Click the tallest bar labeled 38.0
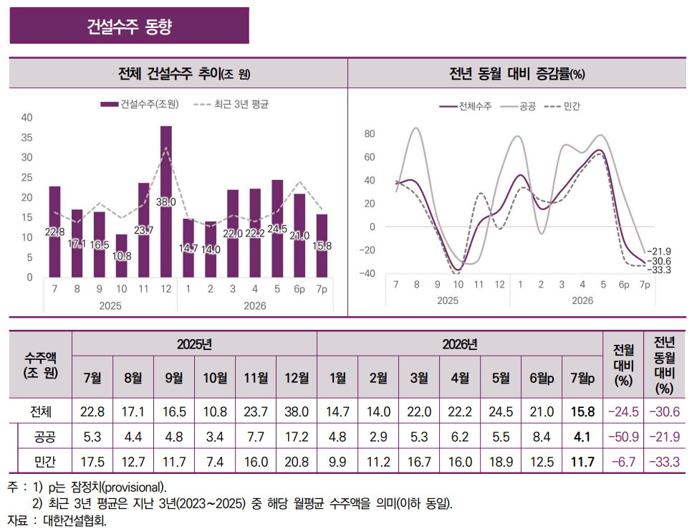(x=165, y=202)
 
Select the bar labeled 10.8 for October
(x=121, y=256)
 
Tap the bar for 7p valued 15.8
(x=322, y=246)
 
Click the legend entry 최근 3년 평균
(x=231, y=105)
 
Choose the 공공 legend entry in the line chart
(x=518, y=106)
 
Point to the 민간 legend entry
(x=562, y=106)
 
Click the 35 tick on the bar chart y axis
(x=27, y=138)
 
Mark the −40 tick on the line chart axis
(x=367, y=274)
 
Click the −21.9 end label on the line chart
(x=659, y=252)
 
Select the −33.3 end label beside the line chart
(x=659, y=270)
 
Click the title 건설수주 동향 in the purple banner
(x=130, y=27)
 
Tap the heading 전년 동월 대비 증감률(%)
(x=517, y=73)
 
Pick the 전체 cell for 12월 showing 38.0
(x=297, y=412)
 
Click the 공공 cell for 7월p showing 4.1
(x=582, y=437)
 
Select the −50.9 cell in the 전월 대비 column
(x=623, y=437)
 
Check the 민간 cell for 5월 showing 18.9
(x=501, y=462)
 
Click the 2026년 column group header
(x=460, y=344)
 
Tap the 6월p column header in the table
(x=542, y=378)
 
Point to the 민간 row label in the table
(x=45, y=462)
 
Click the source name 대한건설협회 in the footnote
(x=74, y=521)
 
